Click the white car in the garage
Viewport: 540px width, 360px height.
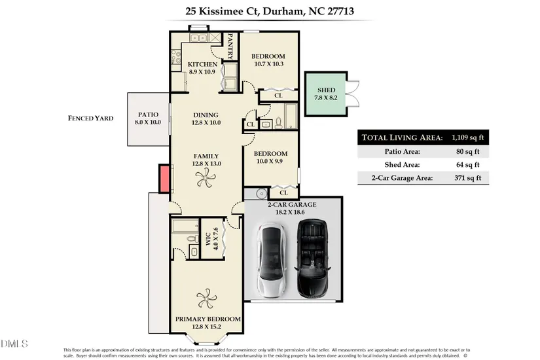pos(272,261)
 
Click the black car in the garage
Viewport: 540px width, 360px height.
pos(313,259)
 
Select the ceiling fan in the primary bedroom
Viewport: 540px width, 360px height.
pos(206,298)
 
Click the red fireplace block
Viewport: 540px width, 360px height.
pos(164,179)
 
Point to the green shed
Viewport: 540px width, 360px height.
pos(325,94)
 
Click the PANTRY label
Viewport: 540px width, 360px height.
pos(230,46)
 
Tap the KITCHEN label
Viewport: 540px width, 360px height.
pos(202,64)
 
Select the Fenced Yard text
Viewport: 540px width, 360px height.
pos(90,118)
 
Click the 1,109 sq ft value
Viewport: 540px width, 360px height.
pos(468,137)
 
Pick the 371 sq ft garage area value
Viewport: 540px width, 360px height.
pos(468,178)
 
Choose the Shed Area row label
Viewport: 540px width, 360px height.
pos(403,165)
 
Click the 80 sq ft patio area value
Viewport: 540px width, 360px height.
pos(468,151)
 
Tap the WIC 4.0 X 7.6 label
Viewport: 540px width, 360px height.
pos(212,238)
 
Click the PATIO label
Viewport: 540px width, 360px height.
pos(148,115)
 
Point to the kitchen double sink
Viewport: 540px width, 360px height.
pos(198,37)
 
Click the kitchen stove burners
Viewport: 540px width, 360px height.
pos(176,57)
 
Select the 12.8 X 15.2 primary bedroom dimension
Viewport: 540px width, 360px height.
pos(206,327)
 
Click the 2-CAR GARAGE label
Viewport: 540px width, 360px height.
pos(292,205)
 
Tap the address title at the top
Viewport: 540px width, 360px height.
pos(270,11)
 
